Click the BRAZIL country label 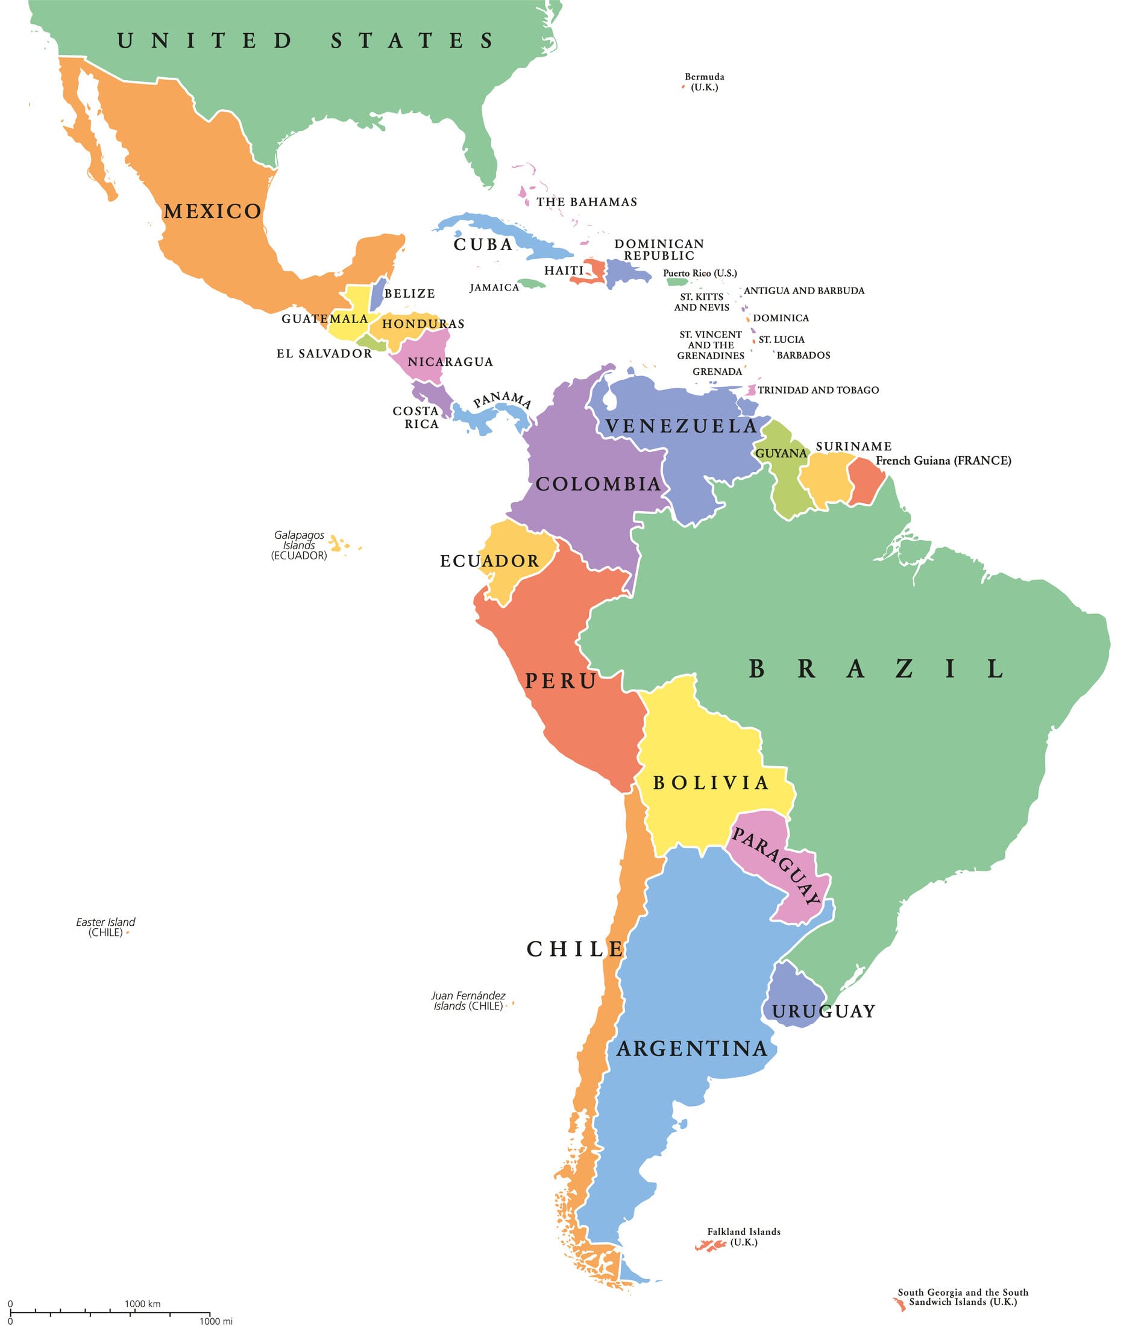(x=876, y=669)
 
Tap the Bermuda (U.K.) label (x=704, y=81)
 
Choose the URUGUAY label (x=823, y=1011)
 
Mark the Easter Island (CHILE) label (x=105, y=927)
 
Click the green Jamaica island (x=531, y=283)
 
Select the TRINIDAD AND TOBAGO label (x=818, y=390)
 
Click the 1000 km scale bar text (x=143, y=1304)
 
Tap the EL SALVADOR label (x=324, y=354)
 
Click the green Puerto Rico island (x=677, y=281)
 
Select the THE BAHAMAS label (x=586, y=202)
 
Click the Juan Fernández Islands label (x=468, y=1001)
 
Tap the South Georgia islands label (x=963, y=1297)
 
